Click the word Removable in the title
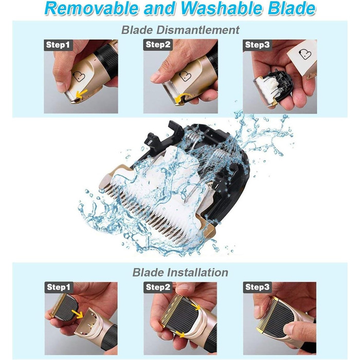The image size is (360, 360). tap(92, 8)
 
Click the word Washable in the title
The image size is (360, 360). tap(221, 8)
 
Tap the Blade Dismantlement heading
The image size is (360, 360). tap(180, 30)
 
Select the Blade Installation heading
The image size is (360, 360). tap(180, 273)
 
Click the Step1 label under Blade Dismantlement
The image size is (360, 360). tap(58, 45)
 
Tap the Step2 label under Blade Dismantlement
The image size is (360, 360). tap(158, 45)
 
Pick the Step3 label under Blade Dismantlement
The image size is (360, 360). tap(257, 45)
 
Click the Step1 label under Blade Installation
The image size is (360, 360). tap(59, 287)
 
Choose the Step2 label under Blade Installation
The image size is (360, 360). tap(158, 287)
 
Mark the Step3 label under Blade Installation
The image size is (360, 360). tap(258, 287)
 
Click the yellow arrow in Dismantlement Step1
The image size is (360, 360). tap(81, 94)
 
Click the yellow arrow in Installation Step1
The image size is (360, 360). tap(77, 314)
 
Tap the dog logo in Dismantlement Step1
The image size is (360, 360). tap(79, 77)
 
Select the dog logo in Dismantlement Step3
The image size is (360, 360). tap(305, 54)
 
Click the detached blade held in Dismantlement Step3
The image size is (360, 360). tap(273, 88)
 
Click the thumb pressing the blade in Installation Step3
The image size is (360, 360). tap(297, 331)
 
